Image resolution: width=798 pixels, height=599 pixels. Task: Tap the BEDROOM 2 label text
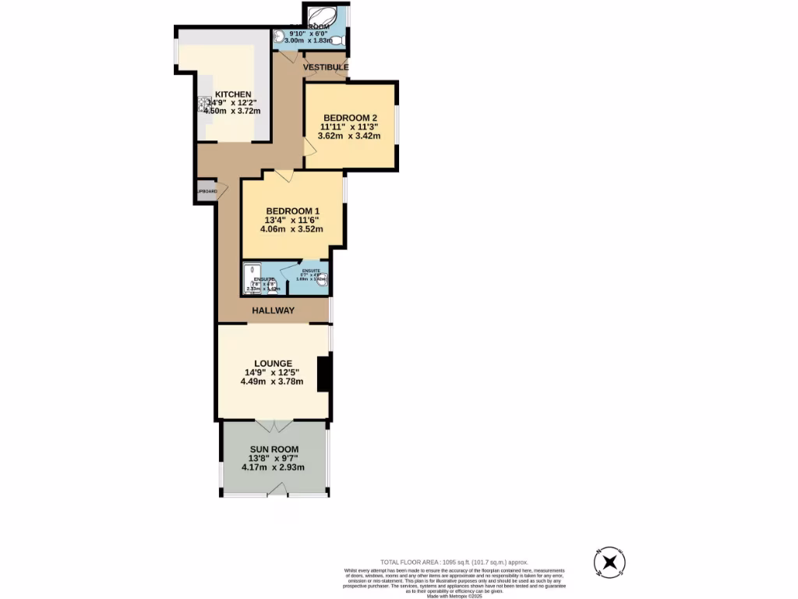350,118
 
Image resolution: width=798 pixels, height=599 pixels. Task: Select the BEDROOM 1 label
292,211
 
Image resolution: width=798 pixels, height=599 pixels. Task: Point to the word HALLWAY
273,310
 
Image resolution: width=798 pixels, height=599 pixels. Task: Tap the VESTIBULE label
325,68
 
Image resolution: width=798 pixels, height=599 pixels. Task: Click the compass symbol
610,562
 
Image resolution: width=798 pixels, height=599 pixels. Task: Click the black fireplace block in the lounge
324,374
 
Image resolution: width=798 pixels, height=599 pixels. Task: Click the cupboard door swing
221,190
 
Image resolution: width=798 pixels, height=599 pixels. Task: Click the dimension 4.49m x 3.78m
273,382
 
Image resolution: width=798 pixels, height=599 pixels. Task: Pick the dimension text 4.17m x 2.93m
273,468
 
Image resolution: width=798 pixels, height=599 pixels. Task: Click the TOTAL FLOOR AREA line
454,562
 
